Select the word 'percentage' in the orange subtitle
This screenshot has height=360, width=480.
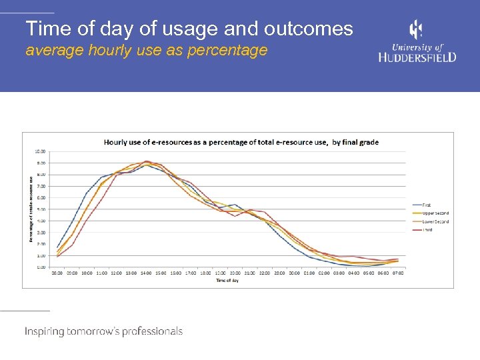click(x=229, y=50)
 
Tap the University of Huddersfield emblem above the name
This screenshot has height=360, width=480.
click(x=415, y=30)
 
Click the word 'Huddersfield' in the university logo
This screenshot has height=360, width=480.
click(x=417, y=57)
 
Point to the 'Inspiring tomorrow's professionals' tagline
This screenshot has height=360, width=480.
click(x=103, y=331)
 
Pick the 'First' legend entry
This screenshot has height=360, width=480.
click(x=426, y=205)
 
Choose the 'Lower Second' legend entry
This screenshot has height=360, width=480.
click(x=434, y=221)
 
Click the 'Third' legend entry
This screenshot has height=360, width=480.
click(x=427, y=229)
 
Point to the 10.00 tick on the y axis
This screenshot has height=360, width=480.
click(x=41, y=151)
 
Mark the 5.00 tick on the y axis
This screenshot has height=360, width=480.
click(x=41, y=209)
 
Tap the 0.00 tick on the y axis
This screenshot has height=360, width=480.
click(x=41, y=267)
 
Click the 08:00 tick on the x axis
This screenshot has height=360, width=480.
click(x=57, y=273)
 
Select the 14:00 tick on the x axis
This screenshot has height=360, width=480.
click(x=146, y=273)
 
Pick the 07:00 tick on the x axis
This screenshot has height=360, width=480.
click(x=398, y=273)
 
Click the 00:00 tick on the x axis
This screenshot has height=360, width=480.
click(x=295, y=273)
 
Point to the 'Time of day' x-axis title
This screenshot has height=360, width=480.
click(x=227, y=280)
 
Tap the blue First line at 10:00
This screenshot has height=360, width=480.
click(x=87, y=193)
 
